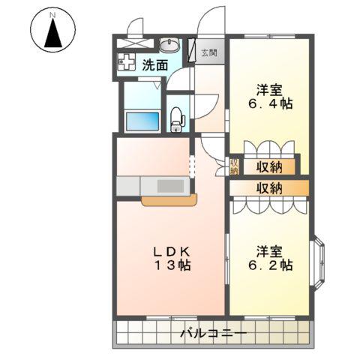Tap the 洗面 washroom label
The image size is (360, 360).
[155, 64]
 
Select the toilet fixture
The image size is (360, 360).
[177, 117]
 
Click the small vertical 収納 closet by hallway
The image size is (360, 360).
[234, 164]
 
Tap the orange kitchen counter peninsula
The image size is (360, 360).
[168, 199]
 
